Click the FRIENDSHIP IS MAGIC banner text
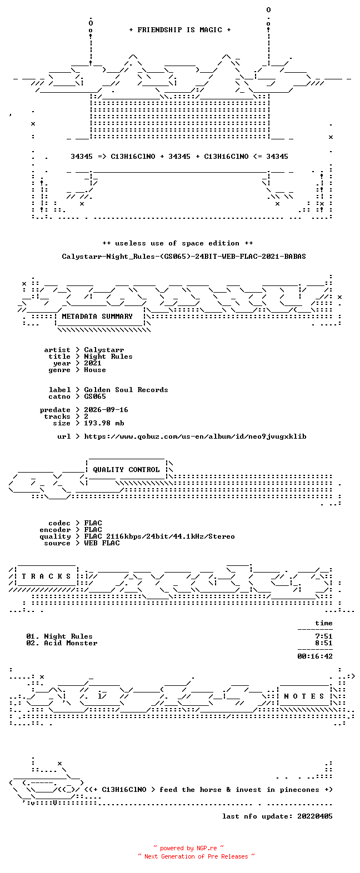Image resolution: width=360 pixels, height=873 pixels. click(x=180, y=30)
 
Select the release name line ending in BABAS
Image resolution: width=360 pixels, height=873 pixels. click(x=184, y=257)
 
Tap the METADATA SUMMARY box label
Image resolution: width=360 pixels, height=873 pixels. click(x=97, y=317)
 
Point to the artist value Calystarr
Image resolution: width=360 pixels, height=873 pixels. click(x=104, y=350)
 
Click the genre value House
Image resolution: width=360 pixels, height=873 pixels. click(x=95, y=370)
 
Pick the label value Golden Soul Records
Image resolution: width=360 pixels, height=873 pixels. click(x=126, y=390)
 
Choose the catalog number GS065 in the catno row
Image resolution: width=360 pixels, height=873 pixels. click(x=95, y=397)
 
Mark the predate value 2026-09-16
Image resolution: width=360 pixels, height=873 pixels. click(x=106, y=410)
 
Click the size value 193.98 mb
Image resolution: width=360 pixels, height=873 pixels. click(x=104, y=423)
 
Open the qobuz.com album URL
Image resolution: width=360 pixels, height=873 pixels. click(x=195, y=436)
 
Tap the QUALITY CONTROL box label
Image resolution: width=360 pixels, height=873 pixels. click(x=126, y=470)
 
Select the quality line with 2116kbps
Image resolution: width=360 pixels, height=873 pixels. click(x=159, y=536)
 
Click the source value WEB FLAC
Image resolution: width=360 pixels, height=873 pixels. click(x=102, y=543)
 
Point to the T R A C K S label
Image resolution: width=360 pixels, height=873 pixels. click(x=47, y=576)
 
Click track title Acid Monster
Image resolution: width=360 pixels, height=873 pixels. click(x=71, y=643)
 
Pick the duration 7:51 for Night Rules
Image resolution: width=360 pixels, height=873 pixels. click(x=324, y=636)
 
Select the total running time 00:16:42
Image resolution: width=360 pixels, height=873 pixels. click(x=315, y=656)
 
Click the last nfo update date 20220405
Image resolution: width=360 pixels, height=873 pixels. click(x=315, y=816)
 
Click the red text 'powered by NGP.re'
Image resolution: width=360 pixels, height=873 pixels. click(x=188, y=848)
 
